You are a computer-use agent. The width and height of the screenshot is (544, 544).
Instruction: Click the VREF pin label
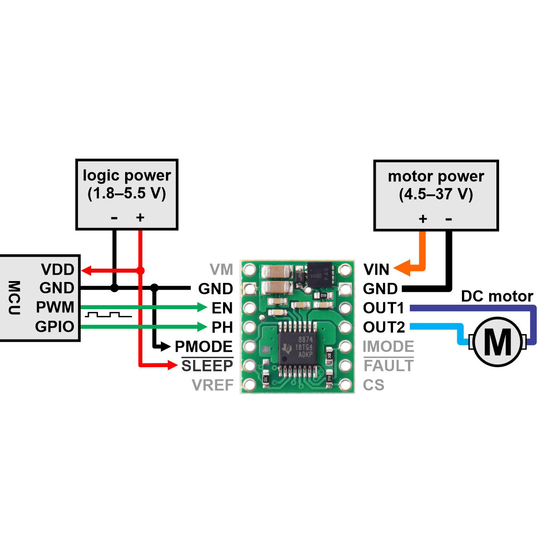point(213,385)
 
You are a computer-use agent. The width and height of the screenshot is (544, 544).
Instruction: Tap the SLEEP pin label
point(207,366)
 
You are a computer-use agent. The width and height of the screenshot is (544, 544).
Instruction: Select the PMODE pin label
point(204,346)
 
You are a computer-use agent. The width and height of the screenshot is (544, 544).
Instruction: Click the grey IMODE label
point(388,346)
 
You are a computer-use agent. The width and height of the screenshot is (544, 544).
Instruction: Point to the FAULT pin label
point(389,366)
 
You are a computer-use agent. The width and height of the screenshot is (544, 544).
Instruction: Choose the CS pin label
point(374,385)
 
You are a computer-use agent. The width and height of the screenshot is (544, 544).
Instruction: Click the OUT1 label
point(384,308)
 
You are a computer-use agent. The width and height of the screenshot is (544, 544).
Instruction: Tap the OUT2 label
point(384,327)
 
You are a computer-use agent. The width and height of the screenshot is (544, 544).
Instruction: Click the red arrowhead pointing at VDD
point(86,271)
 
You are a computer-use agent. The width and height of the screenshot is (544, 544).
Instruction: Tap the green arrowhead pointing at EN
point(202,307)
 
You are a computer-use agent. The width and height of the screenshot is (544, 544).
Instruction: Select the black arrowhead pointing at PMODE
point(166,346)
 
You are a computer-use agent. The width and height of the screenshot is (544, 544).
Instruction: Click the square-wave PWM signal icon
point(108,315)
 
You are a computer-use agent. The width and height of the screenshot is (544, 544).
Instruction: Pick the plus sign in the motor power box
point(423,219)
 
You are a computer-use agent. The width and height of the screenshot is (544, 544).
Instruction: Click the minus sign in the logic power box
point(114,218)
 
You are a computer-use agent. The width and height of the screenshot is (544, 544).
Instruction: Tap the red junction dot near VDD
point(140,271)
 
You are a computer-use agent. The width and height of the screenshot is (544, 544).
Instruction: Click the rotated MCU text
point(14,297)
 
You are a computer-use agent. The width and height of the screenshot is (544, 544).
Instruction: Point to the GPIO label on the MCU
point(54,326)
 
